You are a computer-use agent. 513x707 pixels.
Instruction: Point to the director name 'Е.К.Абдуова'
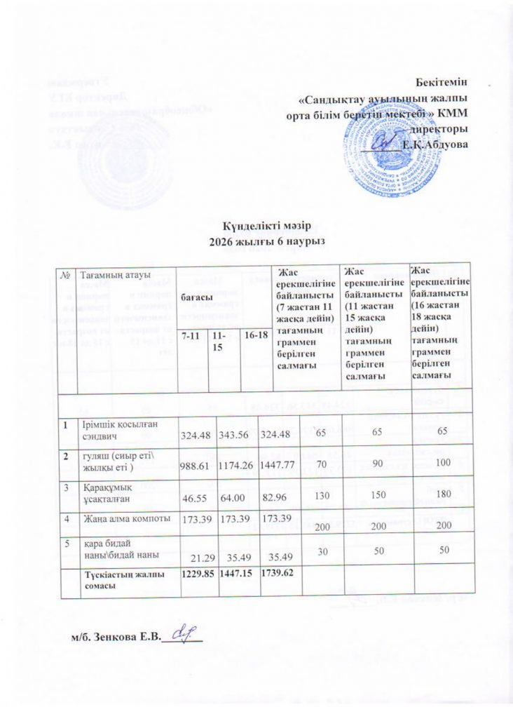point(435,144)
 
